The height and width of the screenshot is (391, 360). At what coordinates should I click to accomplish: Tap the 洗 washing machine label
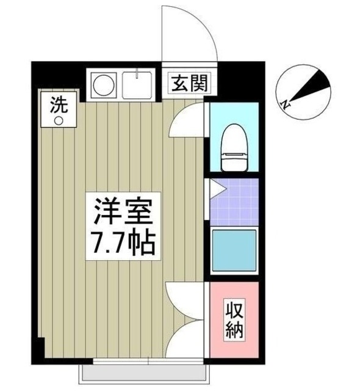click(58, 104)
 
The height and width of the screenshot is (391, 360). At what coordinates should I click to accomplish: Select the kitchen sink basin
click(139, 85)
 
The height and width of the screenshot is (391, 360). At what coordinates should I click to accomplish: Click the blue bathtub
click(234, 252)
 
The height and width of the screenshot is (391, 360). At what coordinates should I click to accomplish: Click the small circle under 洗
click(59, 120)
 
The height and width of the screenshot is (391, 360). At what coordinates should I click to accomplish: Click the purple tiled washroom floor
click(238, 202)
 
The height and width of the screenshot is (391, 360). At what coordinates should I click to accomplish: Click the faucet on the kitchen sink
click(139, 76)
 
